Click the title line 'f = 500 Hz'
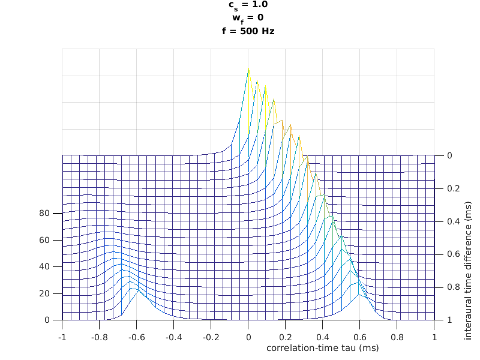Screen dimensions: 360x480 (248, 31)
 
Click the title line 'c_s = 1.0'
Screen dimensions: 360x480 (248, 5)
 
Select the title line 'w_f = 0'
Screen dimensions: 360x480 (248, 18)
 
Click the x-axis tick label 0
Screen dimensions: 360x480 (248, 338)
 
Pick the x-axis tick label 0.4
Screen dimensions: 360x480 (323, 338)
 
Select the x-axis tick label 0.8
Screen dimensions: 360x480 (397, 338)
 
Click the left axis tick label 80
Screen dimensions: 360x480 (44, 213)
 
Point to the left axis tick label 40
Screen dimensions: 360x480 (44, 266)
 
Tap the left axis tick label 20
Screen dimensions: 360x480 (44, 293)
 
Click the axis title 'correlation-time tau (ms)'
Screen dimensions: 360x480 (322, 347)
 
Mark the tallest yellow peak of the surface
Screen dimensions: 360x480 (248, 68)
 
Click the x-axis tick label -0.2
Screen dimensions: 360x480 (211, 338)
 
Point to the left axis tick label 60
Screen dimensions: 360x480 (44, 240)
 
